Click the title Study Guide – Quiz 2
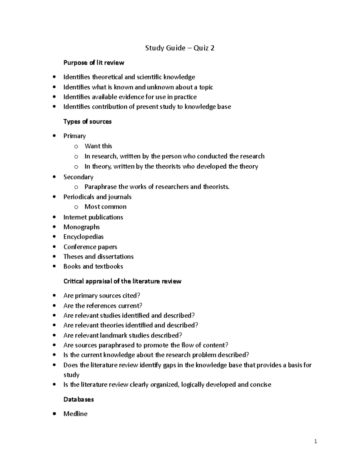coord(180,48)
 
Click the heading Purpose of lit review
coord(94,63)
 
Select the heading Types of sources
coord(87,122)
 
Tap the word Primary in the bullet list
coord(74,136)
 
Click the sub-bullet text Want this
coord(98,146)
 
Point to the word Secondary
coord(78,177)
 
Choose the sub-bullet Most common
coord(105,207)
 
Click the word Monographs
coord(81,227)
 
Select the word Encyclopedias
coord(83,237)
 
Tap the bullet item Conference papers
coord(90,247)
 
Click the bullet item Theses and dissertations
coord(98,257)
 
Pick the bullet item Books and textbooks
coord(93,266)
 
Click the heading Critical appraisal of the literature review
coord(122,281)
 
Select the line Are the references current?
coord(103,306)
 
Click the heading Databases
coord(79,399)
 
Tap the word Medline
coord(75,414)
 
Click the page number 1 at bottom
coord(315,441)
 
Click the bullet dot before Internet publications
coord(54,217)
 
